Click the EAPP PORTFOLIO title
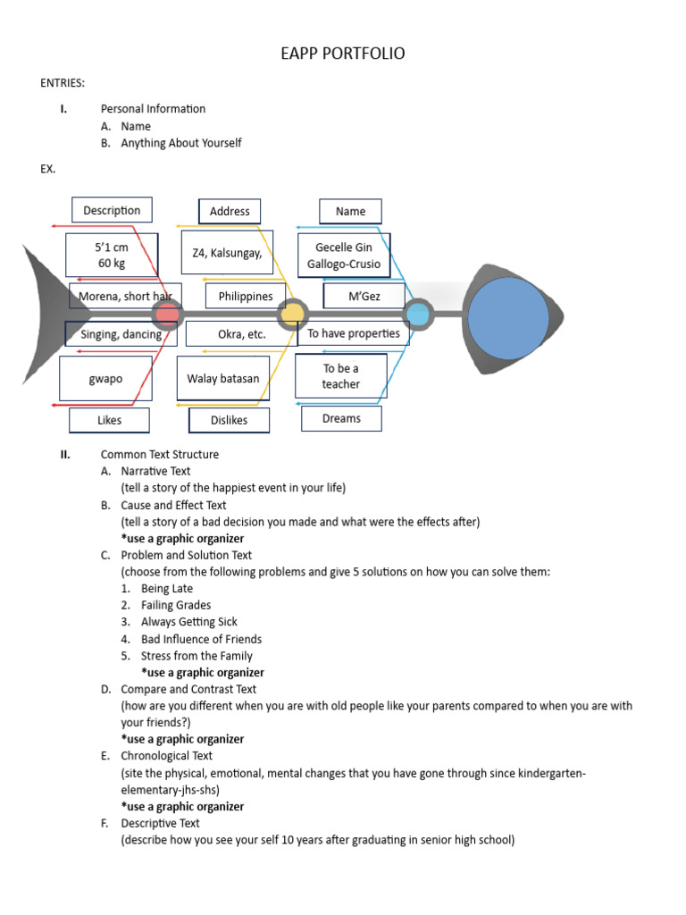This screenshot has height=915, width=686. pyautogui.click(x=342, y=54)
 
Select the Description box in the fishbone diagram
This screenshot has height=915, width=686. pyautogui.click(x=112, y=210)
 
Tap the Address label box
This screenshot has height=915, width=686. pyautogui.click(x=230, y=211)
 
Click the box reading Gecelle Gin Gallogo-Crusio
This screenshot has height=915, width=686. pyautogui.click(x=344, y=256)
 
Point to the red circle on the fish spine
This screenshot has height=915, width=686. pyautogui.click(x=166, y=315)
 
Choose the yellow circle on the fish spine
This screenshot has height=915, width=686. pyautogui.click(x=291, y=315)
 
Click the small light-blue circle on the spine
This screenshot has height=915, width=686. pyautogui.click(x=417, y=315)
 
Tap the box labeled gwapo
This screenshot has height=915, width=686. pyautogui.click(x=105, y=379)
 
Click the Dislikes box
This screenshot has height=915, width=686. pyautogui.click(x=229, y=420)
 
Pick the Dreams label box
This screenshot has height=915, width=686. pyautogui.click(x=341, y=418)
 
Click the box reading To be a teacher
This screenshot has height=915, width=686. pyautogui.click(x=341, y=376)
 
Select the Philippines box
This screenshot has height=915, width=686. pyautogui.click(x=246, y=296)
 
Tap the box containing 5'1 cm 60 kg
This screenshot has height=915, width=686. pyautogui.click(x=112, y=256)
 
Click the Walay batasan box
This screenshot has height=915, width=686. pyautogui.click(x=222, y=379)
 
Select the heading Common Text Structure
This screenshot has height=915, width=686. pyautogui.click(x=159, y=454)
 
